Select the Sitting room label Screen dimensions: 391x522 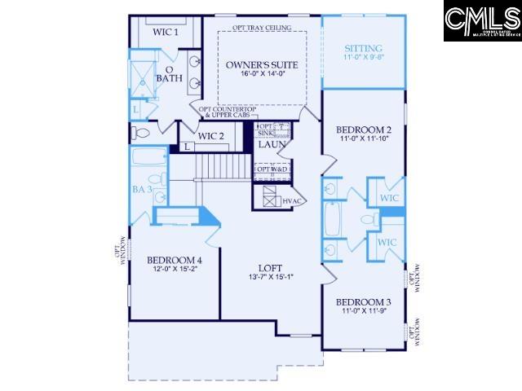(x=363, y=49)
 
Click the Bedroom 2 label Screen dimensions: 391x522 (x=364, y=130)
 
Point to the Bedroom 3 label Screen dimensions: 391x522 (x=364, y=301)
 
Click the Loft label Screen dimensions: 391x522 (x=270, y=266)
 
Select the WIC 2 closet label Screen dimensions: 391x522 (x=210, y=135)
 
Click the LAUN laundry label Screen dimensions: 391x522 (x=270, y=145)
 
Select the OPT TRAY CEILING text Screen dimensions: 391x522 (x=262, y=28)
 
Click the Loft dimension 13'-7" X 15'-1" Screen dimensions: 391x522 (x=270, y=276)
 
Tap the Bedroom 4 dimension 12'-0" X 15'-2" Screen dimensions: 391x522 (x=174, y=270)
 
